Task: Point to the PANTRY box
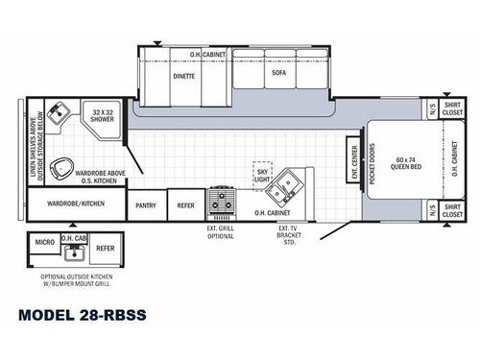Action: point(146,204)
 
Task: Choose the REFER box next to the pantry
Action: point(186,204)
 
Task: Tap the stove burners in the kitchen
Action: point(224,203)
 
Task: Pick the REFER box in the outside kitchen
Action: point(106,248)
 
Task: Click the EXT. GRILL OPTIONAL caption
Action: point(222,233)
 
